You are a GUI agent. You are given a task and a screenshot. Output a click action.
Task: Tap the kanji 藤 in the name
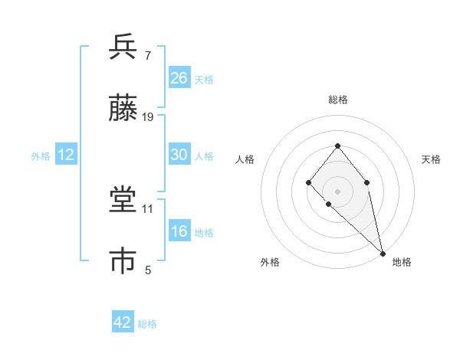pyautogui.click(x=123, y=108)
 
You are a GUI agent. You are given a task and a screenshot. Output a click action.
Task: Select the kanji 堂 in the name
pyautogui.click(x=123, y=200)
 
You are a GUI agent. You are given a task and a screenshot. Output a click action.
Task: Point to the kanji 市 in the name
pyautogui.click(x=123, y=261)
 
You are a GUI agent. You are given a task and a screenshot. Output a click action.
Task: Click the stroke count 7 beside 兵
pyautogui.click(x=148, y=55)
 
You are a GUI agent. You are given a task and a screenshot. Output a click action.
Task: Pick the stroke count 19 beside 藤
pyautogui.click(x=149, y=117)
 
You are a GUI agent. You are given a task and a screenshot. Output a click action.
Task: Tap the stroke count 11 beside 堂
pyautogui.click(x=149, y=208)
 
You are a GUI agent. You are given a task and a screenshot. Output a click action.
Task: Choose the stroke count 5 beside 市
pyautogui.click(x=148, y=270)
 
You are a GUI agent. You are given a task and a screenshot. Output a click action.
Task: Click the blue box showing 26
pyautogui.click(x=179, y=78)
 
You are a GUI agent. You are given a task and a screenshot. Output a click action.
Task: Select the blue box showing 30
pyautogui.click(x=179, y=155)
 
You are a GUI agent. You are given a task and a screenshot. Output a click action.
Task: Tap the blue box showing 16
pyautogui.click(x=179, y=231)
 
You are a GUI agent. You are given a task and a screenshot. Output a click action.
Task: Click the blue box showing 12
pyautogui.click(x=66, y=155)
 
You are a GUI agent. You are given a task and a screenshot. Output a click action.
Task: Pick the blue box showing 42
pyautogui.click(x=123, y=322)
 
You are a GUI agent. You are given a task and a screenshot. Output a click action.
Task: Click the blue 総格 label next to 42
pyautogui.click(x=147, y=324)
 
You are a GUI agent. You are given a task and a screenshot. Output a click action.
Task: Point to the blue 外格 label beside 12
pyautogui.click(x=41, y=156)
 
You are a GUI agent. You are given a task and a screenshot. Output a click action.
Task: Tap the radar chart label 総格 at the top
pyautogui.click(x=337, y=100)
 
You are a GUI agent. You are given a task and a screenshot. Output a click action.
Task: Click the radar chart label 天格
pyautogui.click(x=431, y=159)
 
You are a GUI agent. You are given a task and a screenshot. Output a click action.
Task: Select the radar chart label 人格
pyautogui.click(x=245, y=159)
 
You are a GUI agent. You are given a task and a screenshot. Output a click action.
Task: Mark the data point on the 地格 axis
pyautogui.click(x=383, y=252)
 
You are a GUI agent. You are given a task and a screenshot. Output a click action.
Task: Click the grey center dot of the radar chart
pyautogui.click(x=337, y=190)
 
